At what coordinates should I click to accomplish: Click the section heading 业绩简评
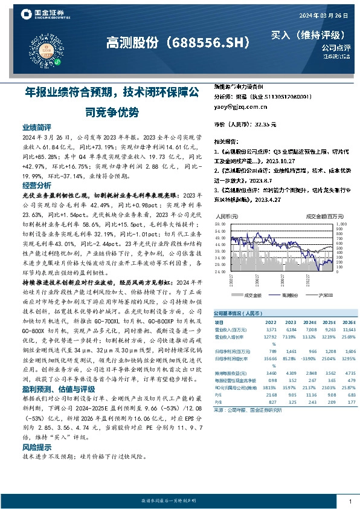[37, 128]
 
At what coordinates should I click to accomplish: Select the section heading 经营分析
[37, 186]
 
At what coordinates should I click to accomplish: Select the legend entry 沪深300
[326, 295]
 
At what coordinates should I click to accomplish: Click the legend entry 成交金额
[252, 295]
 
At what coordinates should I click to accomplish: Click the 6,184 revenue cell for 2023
[274, 331]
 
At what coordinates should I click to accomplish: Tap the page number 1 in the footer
[350, 501]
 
